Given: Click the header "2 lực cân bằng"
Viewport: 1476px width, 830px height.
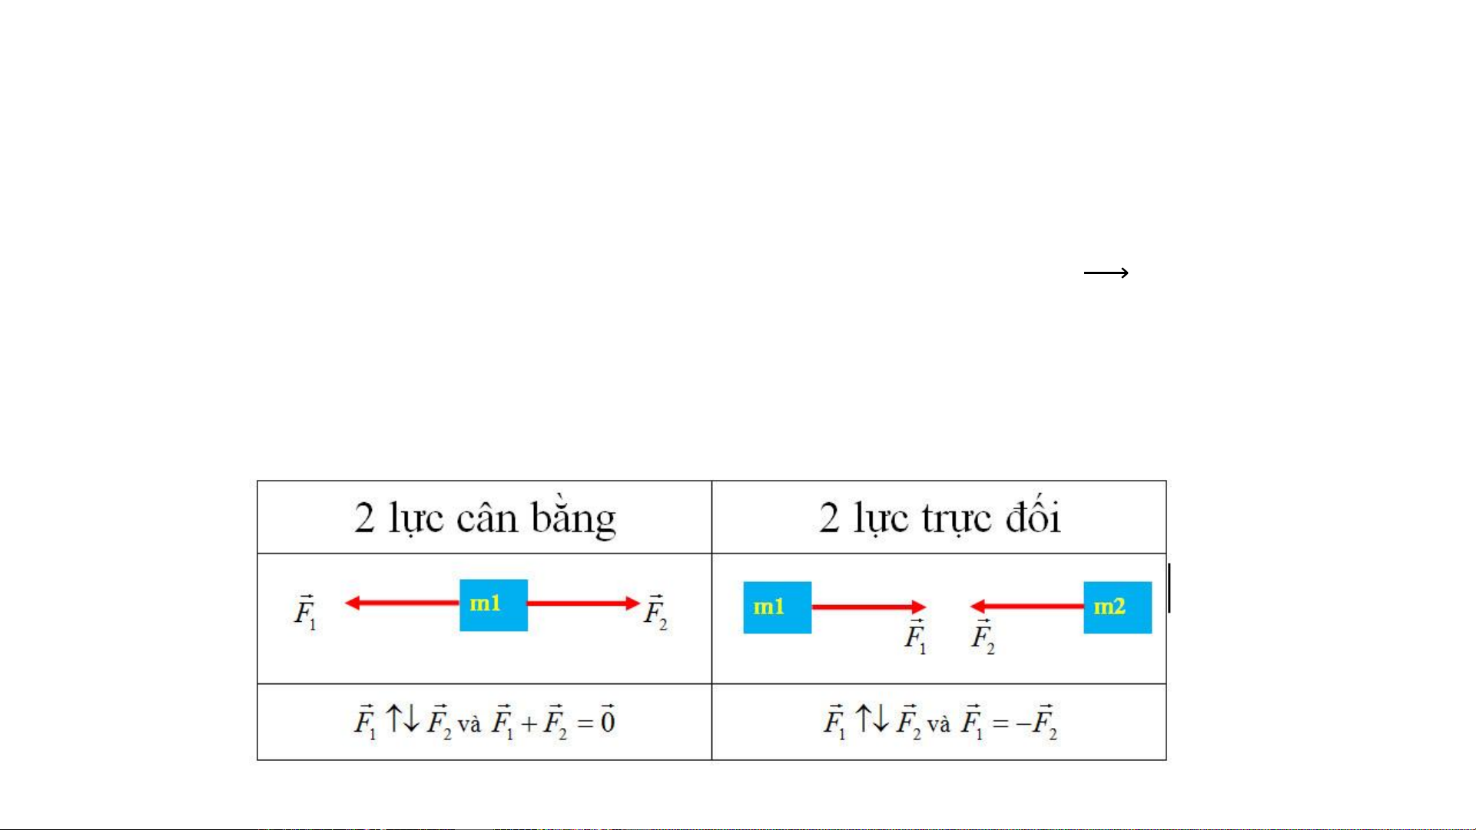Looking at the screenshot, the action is pos(485,518).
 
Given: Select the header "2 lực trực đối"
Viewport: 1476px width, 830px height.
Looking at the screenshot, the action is pos(940,517).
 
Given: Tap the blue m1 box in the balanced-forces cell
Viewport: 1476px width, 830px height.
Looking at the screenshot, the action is pos(493,605).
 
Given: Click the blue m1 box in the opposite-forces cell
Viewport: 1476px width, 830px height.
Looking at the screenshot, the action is pos(777,607).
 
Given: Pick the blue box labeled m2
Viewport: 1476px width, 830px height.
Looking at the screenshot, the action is pos(1117,607).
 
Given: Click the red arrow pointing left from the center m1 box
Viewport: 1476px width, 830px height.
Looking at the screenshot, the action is pos(402,603).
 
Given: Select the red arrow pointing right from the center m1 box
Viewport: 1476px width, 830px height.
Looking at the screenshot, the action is pos(584,603).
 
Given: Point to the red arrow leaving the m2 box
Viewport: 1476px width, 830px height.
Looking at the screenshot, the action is pos(1027,607).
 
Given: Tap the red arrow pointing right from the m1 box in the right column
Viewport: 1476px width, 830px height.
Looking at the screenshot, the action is pos(868,607).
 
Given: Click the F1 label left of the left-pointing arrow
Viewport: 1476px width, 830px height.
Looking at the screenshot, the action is pos(305,612).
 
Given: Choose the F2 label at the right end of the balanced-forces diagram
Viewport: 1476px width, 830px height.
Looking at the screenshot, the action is pos(655,612).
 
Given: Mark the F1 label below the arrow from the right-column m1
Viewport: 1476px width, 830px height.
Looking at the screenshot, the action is pos(915,637).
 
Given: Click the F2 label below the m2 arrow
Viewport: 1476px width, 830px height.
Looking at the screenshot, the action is pos(983,637).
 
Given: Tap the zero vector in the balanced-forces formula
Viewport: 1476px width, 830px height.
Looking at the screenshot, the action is pos(608,719).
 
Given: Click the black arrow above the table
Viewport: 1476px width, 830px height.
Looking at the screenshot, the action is pos(1106,273).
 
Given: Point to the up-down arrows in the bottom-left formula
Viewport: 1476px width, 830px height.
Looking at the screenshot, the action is pos(403,719).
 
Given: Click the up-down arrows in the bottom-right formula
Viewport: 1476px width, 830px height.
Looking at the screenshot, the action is pos(872,719).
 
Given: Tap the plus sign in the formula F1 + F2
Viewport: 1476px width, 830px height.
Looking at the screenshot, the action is pos(529,723).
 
